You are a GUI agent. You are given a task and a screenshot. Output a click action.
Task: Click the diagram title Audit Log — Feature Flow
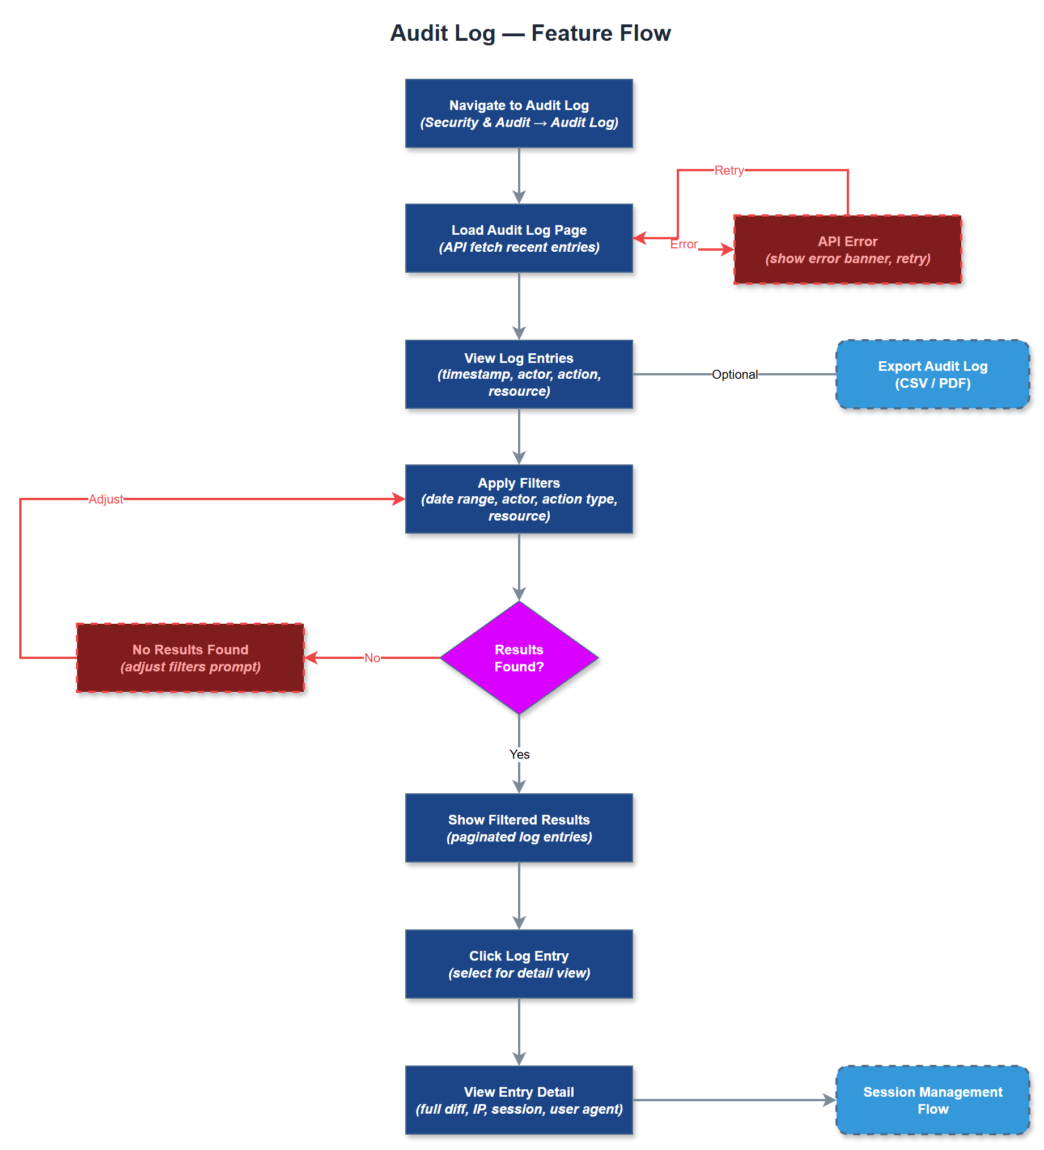click(531, 33)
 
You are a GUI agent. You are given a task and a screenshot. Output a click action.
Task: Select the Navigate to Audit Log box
click(519, 113)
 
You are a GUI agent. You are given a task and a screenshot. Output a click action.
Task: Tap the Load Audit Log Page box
click(519, 238)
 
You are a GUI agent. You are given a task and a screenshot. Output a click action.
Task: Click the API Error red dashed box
click(847, 250)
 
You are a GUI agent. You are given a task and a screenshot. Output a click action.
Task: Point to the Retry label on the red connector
click(729, 170)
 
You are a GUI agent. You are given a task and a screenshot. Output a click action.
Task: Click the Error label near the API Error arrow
click(684, 244)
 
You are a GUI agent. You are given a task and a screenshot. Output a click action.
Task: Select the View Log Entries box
click(519, 374)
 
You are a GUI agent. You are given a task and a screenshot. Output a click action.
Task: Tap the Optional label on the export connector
click(735, 374)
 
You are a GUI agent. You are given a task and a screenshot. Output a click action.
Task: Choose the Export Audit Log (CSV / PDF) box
click(932, 374)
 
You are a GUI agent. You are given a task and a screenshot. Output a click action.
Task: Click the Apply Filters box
click(519, 499)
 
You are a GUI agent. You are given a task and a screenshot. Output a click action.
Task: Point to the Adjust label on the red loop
click(105, 499)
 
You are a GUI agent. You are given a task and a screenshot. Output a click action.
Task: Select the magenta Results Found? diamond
click(519, 658)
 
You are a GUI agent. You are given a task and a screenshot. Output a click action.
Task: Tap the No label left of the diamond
click(372, 658)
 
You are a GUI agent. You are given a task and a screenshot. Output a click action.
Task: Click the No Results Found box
click(190, 658)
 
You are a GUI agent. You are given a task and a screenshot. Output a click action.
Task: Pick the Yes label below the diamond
click(519, 754)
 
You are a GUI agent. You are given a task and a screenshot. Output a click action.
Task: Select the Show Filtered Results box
click(519, 828)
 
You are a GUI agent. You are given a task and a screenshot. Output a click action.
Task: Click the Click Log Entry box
click(519, 964)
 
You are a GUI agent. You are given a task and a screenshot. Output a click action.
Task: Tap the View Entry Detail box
click(519, 1100)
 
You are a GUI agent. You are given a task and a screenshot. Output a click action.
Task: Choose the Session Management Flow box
click(932, 1100)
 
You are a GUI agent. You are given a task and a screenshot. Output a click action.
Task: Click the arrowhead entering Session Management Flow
click(830, 1100)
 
